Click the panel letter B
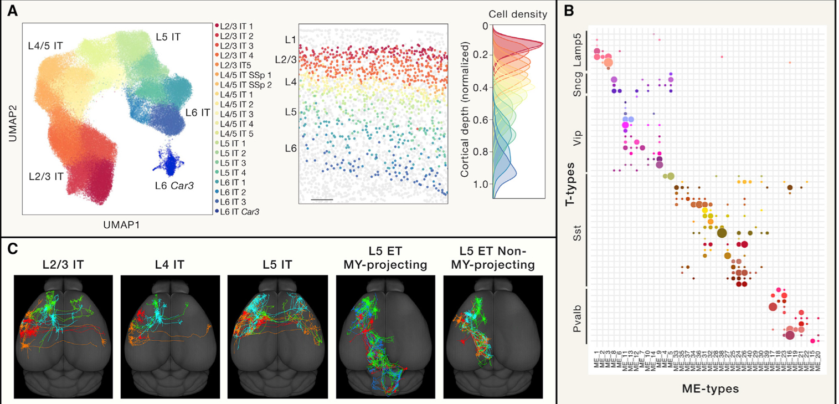(x=568, y=10)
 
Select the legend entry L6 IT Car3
(x=239, y=211)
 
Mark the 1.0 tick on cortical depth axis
(x=476, y=184)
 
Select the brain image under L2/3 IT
(x=64, y=336)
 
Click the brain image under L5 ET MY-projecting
(x=386, y=336)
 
